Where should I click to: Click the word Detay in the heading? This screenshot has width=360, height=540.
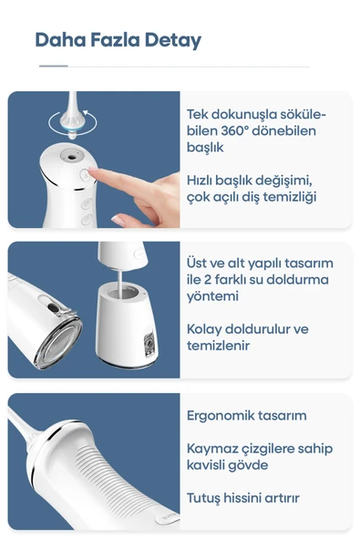click(x=171, y=40)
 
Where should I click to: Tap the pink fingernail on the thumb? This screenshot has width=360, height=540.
click(x=118, y=219)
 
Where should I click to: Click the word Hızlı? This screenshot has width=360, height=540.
click(x=204, y=180)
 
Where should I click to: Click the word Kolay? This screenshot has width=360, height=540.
click(x=205, y=328)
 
